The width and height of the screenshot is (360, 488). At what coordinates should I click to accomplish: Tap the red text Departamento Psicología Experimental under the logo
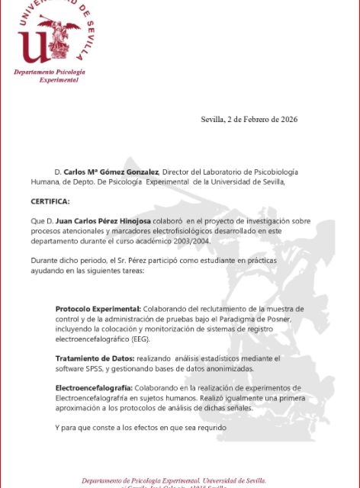(50, 75)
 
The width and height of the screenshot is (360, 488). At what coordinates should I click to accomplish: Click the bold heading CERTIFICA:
(50, 201)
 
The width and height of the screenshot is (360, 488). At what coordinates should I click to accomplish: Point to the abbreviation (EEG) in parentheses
(141, 338)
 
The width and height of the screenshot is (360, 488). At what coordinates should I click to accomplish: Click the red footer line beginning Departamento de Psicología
(174, 480)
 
